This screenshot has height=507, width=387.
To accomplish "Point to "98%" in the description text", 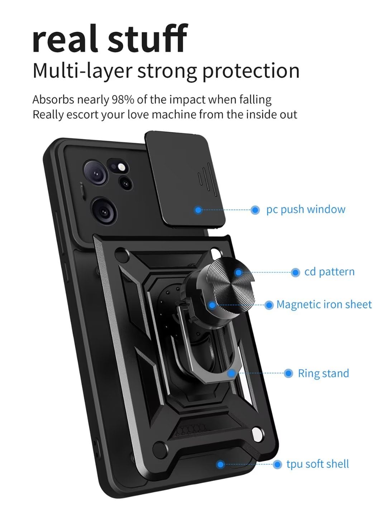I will tap(123, 100).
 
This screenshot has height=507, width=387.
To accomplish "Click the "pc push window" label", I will tap(306, 209).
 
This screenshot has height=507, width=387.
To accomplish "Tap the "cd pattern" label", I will tap(329, 272).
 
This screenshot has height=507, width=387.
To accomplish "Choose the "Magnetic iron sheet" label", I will tap(324, 305).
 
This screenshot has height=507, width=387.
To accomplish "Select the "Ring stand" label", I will tap(323, 373).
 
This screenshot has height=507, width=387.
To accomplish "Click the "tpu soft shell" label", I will tap(317, 464).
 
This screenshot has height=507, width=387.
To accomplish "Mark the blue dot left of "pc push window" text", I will tap(255, 210).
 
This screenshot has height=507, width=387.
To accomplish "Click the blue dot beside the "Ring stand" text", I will tap(288, 373).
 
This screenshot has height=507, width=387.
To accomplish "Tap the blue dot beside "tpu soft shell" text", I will tap(277, 464).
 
